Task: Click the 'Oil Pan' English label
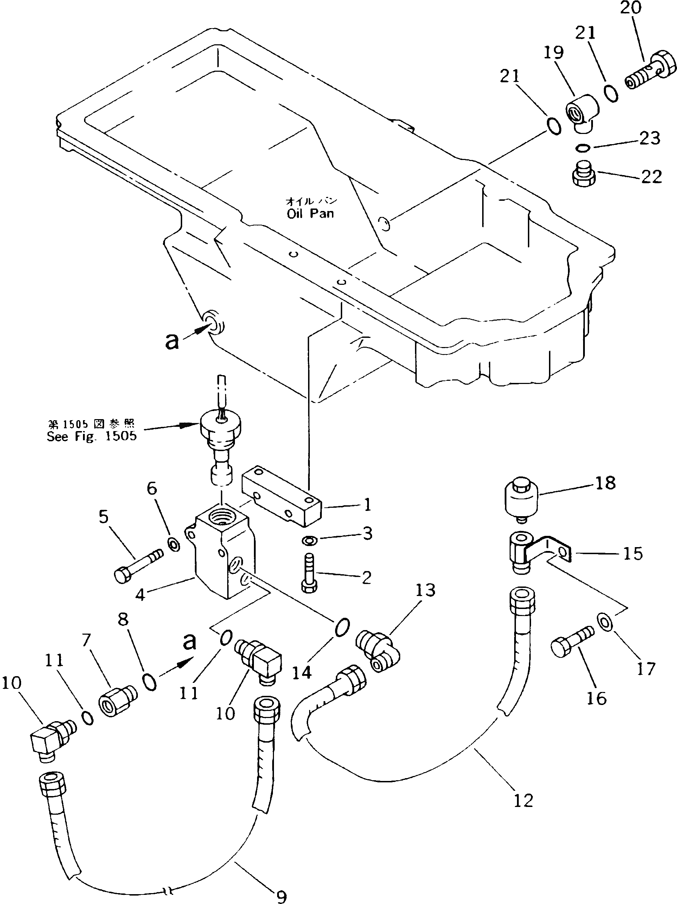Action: click(310, 213)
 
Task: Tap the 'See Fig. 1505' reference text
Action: click(91, 436)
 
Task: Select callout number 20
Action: click(631, 8)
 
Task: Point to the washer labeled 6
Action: click(174, 544)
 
